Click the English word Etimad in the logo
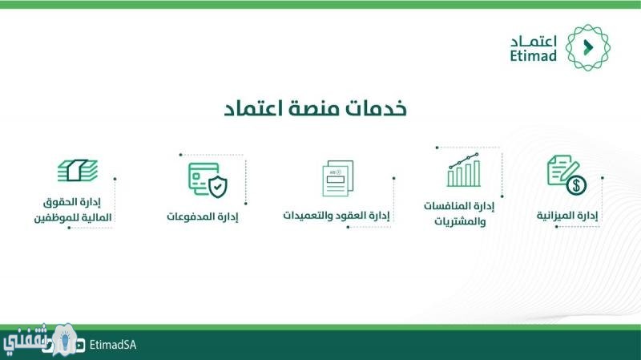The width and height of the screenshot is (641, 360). (533, 55)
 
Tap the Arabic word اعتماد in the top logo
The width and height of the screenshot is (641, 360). (534, 42)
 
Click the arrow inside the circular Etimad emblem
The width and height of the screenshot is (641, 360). (588, 47)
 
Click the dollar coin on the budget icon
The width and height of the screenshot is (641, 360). (576, 185)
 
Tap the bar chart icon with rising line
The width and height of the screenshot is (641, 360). (464, 170)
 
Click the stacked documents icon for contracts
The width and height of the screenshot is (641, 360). (337, 178)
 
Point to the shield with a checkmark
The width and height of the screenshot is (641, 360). (218, 187)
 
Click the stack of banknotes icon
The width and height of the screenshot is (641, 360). (78, 170)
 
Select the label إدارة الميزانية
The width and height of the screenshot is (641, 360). (567, 215)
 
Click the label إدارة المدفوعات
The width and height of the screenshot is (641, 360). (203, 216)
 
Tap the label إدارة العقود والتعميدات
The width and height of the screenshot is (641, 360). (337, 215)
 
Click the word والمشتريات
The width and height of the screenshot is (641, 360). (460, 222)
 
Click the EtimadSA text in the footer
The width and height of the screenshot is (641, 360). (113, 345)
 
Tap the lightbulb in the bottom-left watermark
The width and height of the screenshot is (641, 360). (65, 339)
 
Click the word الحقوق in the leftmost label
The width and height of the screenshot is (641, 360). (60, 202)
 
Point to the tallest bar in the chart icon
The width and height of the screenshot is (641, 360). (477, 172)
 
